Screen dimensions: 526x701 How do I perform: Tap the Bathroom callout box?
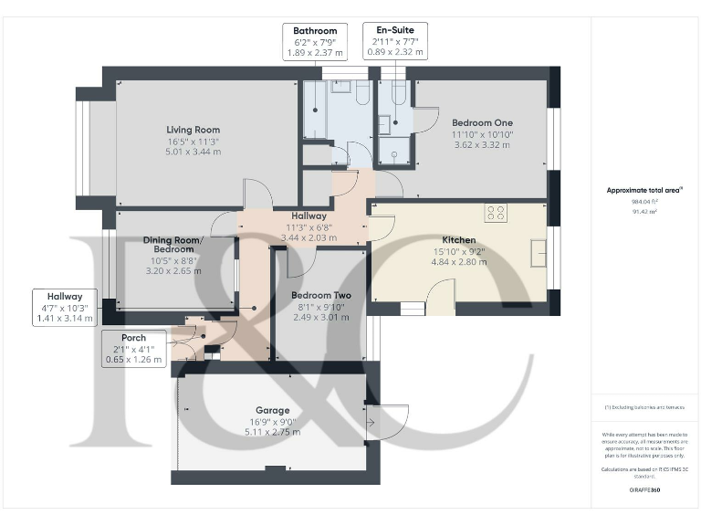pos(315,42)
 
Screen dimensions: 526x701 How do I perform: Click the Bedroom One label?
pos(482,122)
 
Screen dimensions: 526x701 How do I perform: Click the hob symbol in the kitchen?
pos(497,213)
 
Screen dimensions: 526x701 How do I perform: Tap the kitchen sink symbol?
pos(539,252)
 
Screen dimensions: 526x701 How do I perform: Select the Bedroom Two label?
pos(321,295)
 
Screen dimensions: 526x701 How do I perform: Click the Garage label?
pos(272,411)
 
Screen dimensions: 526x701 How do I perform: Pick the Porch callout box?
pos(133,349)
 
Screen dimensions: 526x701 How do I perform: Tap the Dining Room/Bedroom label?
pos(174,244)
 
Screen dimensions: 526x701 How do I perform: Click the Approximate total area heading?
pos(643,190)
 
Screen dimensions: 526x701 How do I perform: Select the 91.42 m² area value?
pos(644,211)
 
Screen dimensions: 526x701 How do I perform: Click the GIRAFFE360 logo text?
pos(643,490)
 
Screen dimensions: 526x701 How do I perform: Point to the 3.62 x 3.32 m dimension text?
pos(482,144)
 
